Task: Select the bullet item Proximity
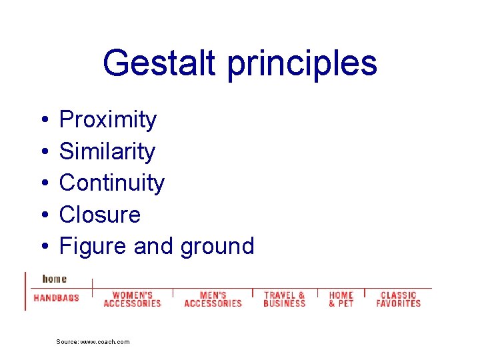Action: [x=108, y=120]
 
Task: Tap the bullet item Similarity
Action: [x=107, y=152]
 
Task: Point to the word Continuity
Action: [x=111, y=183]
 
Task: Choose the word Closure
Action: [x=100, y=215]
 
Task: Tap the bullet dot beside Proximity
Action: [x=43, y=121]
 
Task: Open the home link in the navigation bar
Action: [x=55, y=279]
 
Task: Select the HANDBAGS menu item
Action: [x=56, y=298]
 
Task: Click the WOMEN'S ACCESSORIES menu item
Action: [x=133, y=299]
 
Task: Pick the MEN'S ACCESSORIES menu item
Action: [x=213, y=299]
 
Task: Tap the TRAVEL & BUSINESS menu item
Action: [x=284, y=299]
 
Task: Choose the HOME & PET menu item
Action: [x=341, y=299]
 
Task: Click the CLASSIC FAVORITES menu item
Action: [x=398, y=299]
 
